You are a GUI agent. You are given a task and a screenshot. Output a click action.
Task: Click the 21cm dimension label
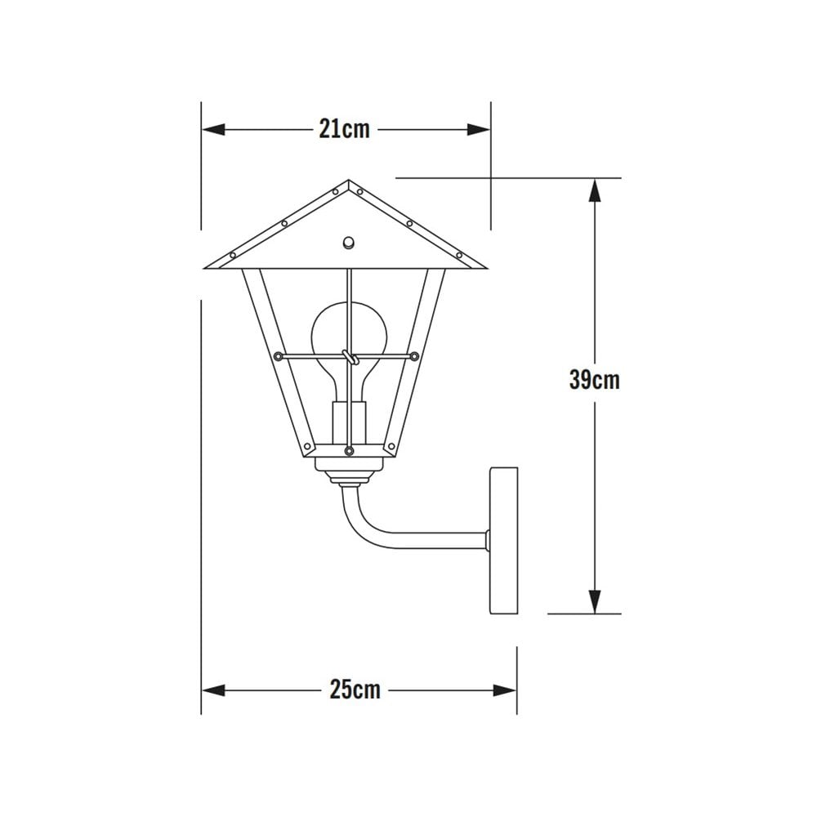(344, 129)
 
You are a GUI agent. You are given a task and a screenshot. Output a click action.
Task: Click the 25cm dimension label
(355, 690)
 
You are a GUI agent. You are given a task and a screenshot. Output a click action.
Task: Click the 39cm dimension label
(594, 380)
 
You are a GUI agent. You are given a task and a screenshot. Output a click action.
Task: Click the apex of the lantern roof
(348, 181)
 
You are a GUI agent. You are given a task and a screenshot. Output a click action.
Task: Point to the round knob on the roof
(348, 242)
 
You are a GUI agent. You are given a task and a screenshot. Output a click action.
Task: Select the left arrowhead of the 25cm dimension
(212, 690)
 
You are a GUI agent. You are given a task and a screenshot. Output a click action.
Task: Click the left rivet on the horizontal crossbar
(279, 356)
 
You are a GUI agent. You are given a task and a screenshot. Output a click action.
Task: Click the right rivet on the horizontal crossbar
(414, 356)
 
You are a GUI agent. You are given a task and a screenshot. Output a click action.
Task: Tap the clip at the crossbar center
(349, 356)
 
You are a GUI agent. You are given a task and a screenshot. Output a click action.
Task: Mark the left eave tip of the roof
(206, 266)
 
